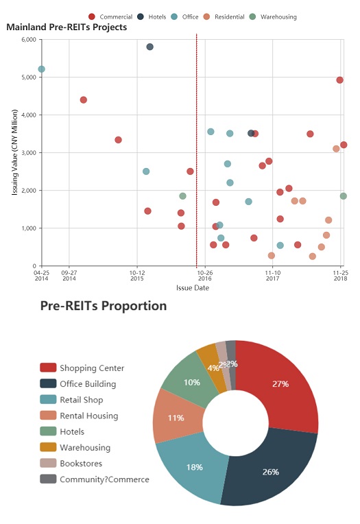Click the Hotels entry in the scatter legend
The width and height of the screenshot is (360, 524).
tap(152, 16)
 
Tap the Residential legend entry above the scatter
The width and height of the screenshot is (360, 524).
tap(224, 16)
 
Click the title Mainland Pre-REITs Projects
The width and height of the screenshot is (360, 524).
tap(67, 27)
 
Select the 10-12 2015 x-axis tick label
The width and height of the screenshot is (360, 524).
tap(137, 275)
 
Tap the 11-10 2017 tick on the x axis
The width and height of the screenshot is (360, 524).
tap(273, 275)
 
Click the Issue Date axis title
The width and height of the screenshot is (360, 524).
tap(193, 288)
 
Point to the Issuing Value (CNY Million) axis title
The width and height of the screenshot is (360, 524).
tap(15, 152)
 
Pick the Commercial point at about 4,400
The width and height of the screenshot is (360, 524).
tap(84, 100)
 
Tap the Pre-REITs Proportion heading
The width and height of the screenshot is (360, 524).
tap(104, 306)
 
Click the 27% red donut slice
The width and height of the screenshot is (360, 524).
tap(281, 384)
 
